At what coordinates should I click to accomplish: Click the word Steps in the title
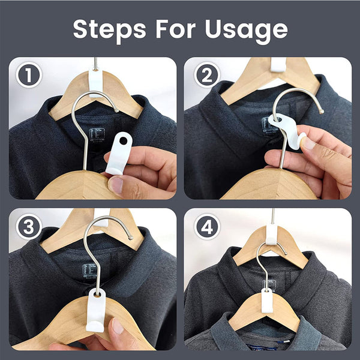click(x=110, y=30)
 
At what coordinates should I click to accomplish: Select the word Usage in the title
click(x=247, y=31)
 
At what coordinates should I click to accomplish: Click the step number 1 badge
click(x=29, y=75)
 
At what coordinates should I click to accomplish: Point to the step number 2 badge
click(x=207, y=75)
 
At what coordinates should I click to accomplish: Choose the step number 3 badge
click(x=29, y=227)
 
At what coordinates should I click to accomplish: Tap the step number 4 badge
click(x=207, y=227)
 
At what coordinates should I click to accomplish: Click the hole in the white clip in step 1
click(x=123, y=141)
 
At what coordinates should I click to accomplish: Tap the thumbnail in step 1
click(x=115, y=185)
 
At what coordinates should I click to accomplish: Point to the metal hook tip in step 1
click(x=117, y=111)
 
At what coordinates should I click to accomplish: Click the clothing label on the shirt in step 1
click(x=97, y=135)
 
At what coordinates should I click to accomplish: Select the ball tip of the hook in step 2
click(x=322, y=112)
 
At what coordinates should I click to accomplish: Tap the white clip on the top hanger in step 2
click(x=278, y=65)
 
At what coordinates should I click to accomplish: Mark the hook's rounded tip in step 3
click(x=131, y=238)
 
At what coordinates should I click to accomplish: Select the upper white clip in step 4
click(x=272, y=235)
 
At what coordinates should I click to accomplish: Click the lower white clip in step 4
click(x=267, y=301)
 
